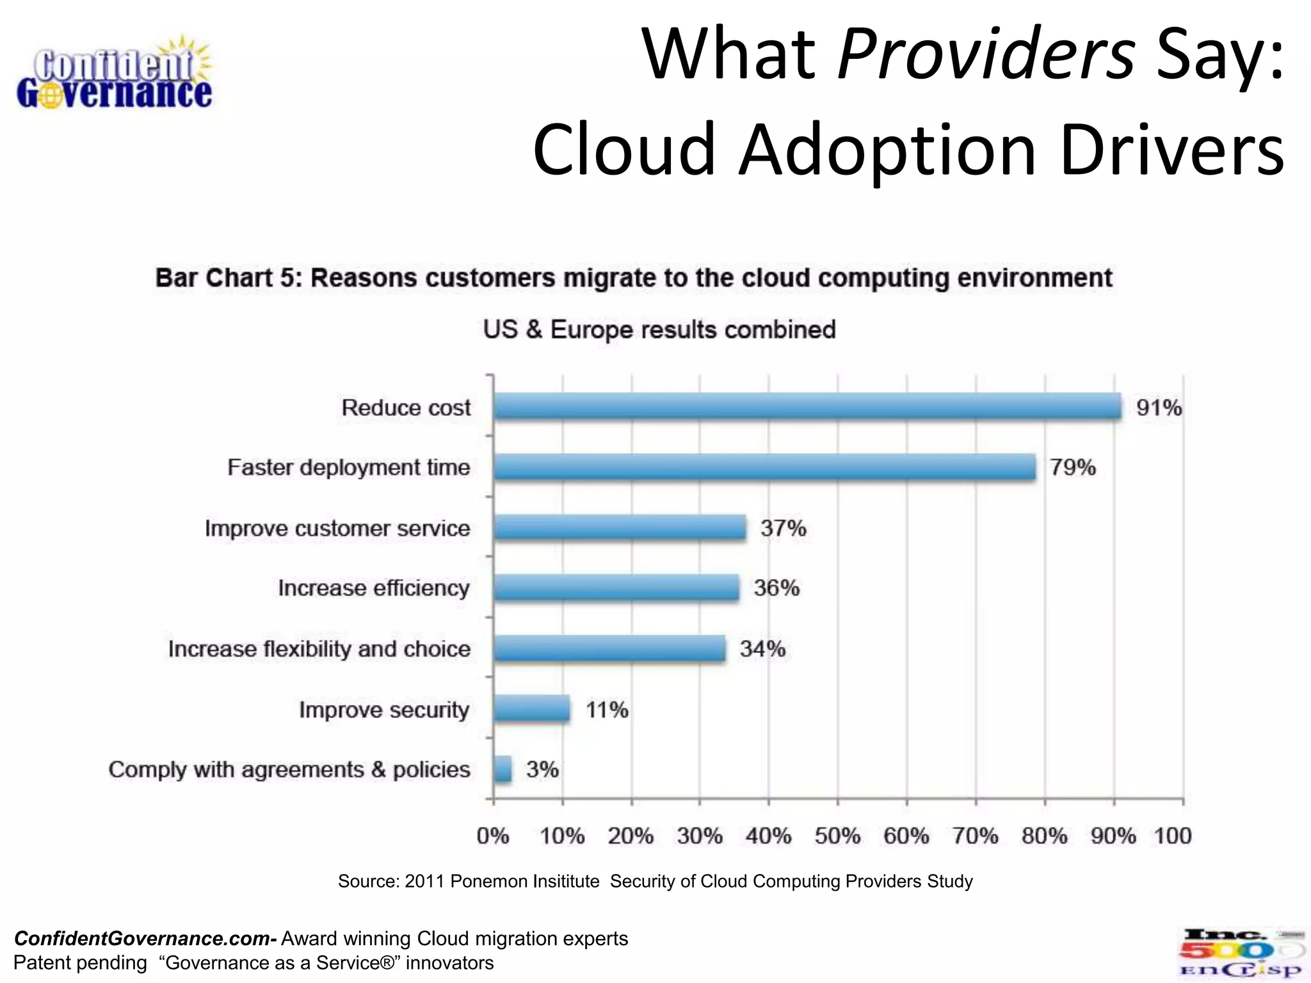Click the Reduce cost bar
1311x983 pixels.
(807, 406)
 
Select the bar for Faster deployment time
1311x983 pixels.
(765, 467)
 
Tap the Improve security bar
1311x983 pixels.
(531, 709)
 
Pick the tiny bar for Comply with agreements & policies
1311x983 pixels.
(503, 769)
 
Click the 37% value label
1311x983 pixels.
(783, 529)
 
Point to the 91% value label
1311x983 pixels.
(1158, 408)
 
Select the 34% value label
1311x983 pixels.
(762, 649)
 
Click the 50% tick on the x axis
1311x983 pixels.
(837, 836)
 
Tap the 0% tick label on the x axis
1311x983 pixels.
(493, 836)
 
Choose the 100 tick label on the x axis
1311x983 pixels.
(1172, 836)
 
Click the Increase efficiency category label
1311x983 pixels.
(373, 588)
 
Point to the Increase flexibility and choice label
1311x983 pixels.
(319, 649)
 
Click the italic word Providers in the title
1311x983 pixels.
(986, 54)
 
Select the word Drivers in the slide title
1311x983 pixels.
(1171, 150)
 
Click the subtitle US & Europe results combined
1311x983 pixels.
(659, 330)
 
